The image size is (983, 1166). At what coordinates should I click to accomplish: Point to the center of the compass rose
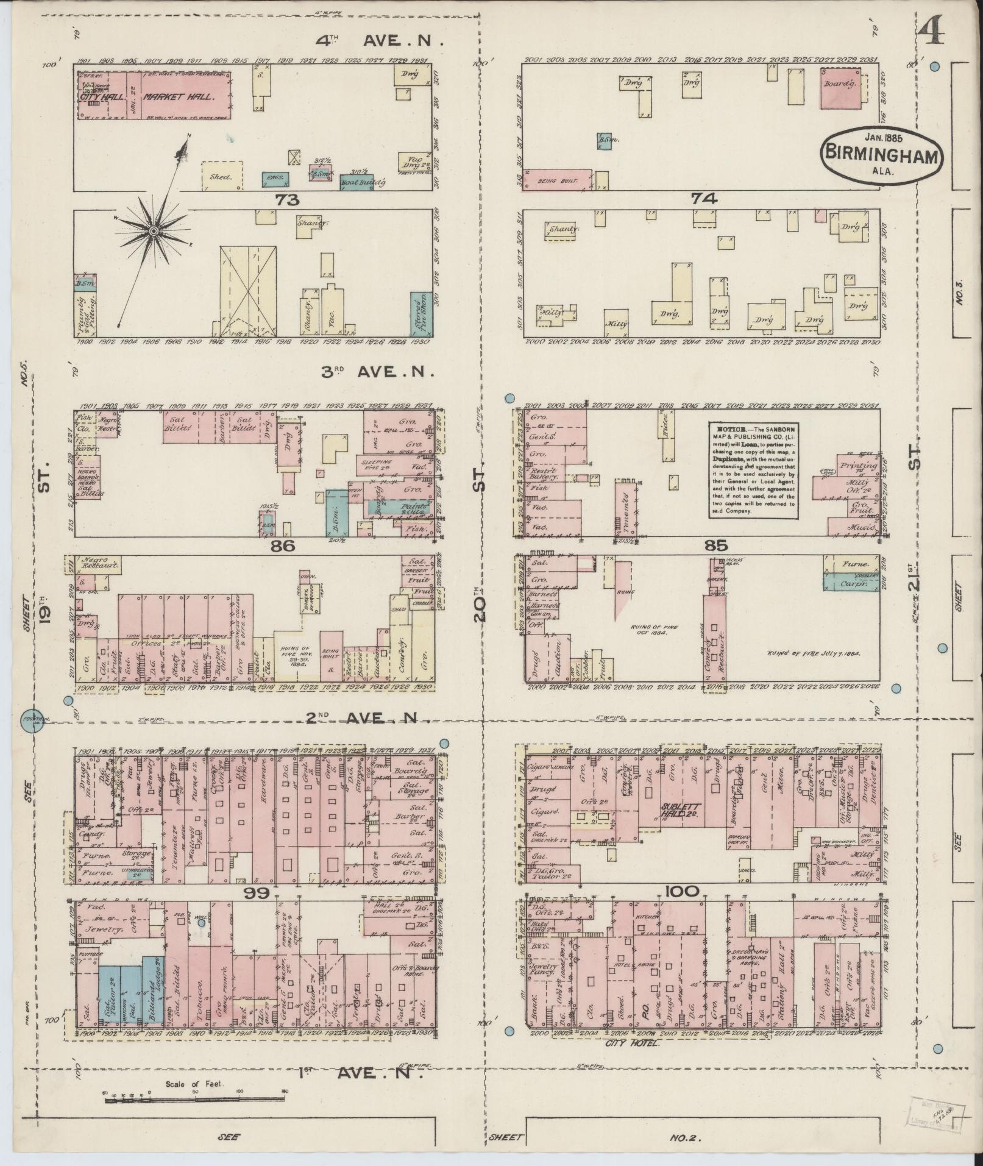pyautogui.click(x=154, y=231)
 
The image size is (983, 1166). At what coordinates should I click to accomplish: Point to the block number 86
pyautogui.click(x=284, y=546)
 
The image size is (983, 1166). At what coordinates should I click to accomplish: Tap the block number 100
pyautogui.click(x=681, y=892)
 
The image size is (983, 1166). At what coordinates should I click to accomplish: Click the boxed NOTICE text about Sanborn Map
pyautogui.click(x=754, y=470)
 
